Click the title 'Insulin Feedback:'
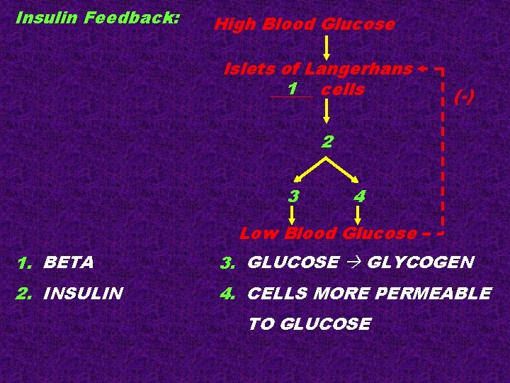[98, 18]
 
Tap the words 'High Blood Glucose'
[305, 25]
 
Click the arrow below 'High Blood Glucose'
[327, 48]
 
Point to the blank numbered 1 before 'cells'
[291, 90]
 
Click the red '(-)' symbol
[464, 97]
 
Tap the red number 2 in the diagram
[327, 141]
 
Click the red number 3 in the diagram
[293, 195]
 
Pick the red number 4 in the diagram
[359, 195]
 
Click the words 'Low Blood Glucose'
[328, 233]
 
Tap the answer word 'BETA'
[69, 262]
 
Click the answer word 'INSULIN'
[84, 293]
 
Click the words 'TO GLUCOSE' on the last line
[309, 324]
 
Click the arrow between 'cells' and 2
[327, 112]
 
